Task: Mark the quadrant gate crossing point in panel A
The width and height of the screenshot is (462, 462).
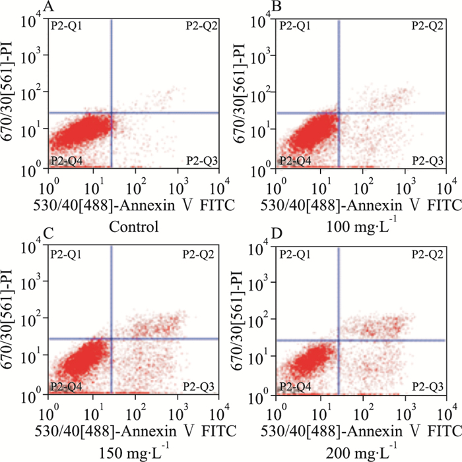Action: (111, 113)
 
